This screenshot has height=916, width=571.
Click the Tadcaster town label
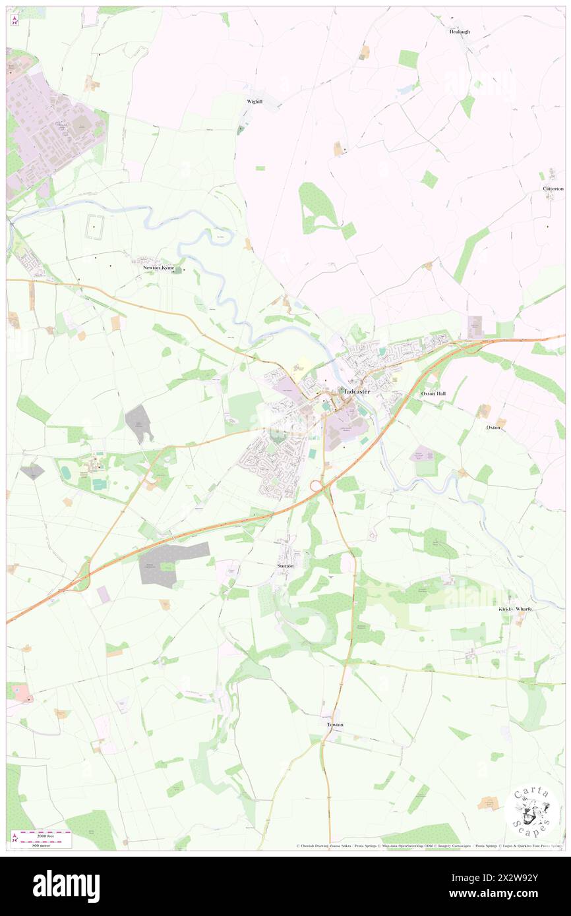(x=357, y=391)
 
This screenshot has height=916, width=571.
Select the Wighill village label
(x=255, y=101)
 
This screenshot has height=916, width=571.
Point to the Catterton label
(x=553, y=188)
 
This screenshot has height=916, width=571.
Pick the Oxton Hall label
(x=433, y=393)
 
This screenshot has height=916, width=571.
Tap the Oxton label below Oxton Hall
(x=493, y=428)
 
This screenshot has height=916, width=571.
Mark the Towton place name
(x=335, y=725)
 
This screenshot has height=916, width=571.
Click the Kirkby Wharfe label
(x=515, y=609)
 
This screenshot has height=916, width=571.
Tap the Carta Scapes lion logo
(x=531, y=810)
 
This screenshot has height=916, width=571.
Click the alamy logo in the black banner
(x=66, y=886)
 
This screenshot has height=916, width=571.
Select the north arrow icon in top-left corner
(x=15, y=20)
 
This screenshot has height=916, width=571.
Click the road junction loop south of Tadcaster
(x=316, y=486)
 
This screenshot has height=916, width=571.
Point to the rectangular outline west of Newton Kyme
(x=96, y=226)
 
